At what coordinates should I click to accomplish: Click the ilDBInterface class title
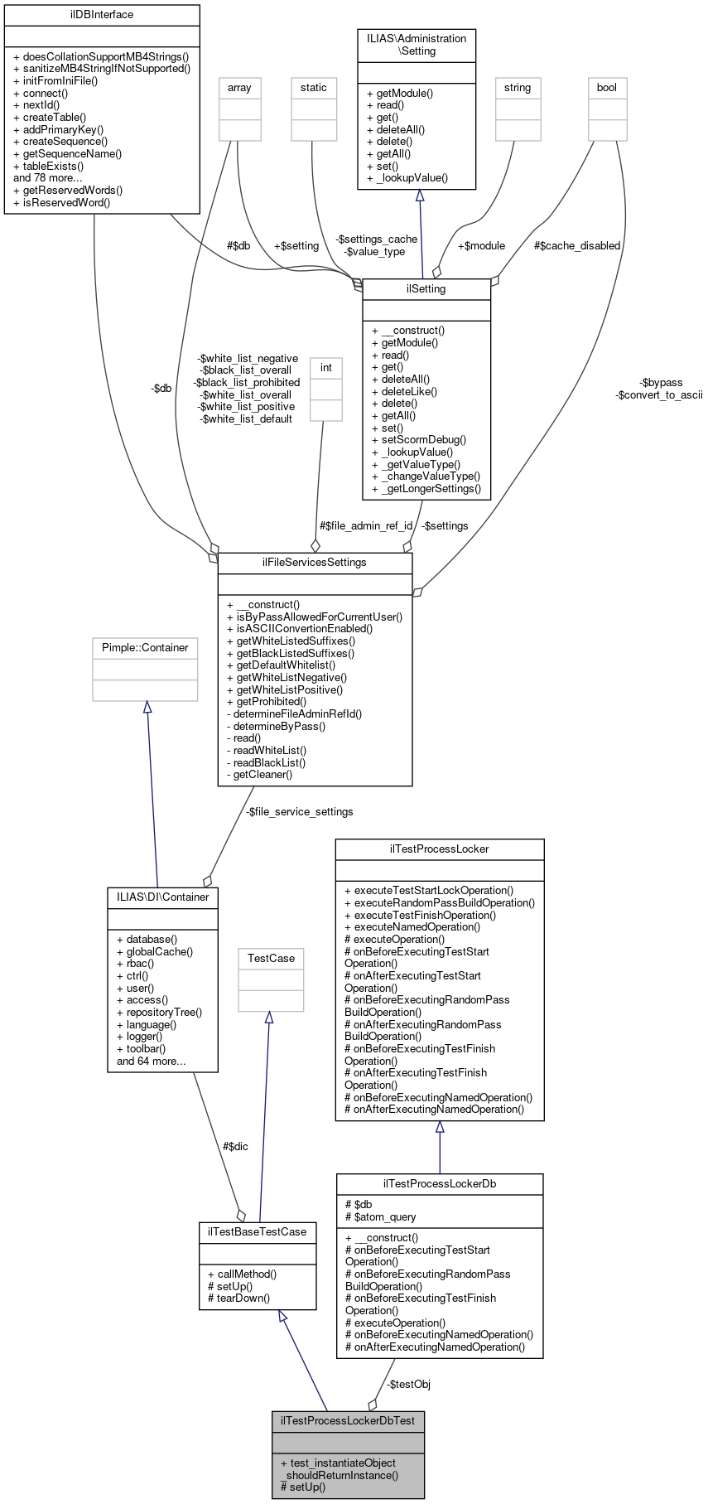pyautogui.click(x=102, y=15)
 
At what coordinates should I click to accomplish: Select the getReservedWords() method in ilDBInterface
pyautogui.click(x=73, y=190)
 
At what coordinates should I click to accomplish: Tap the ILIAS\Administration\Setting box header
pyautogui.click(x=417, y=45)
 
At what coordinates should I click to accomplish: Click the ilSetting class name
pyautogui.click(x=426, y=289)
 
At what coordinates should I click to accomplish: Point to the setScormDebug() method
pyautogui.click(x=419, y=440)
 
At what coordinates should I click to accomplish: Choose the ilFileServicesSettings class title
pyautogui.click(x=315, y=563)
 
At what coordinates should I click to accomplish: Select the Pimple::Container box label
pyautogui.click(x=145, y=648)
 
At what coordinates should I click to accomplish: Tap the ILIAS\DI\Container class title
pyautogui.click(x=162, y=897)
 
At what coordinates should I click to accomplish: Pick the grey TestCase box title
pyautogui.click(x=271, y=959)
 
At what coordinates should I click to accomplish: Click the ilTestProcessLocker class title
pyautogui.click(x=439, y=849)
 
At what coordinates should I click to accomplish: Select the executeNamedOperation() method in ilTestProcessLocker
pyautogui.click(x=412, y=927)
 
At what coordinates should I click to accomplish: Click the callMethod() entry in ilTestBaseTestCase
pyautogui.click(x=242, y=1274)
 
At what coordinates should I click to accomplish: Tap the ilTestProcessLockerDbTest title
pyautogui.click(x=348, y=1421)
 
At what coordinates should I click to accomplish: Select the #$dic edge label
pyautogui.click(x=235, y=1147)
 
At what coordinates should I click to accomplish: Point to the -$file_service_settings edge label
pyautogui.click(x=299, y=812)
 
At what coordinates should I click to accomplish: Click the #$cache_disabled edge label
pyautogui.click(x=577, y=246)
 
